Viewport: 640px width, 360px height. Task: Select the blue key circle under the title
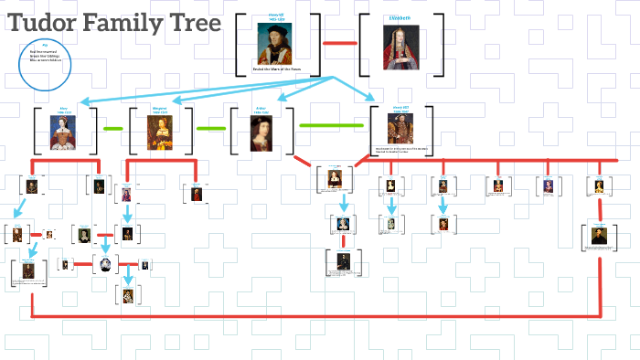[x=46, y=65]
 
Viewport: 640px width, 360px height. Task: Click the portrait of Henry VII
[x=274, y=42]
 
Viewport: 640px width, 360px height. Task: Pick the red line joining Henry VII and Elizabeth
[x=340, y=43]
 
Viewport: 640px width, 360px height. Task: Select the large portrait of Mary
[x=64, y=132]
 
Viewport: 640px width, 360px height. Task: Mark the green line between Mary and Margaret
[x=114, y=129]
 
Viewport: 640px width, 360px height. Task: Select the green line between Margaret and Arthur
[x=211, y=129]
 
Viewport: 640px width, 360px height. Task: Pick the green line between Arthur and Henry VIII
[x=331, y=125]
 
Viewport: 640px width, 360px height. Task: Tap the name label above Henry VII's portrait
[x=274, y=18]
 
